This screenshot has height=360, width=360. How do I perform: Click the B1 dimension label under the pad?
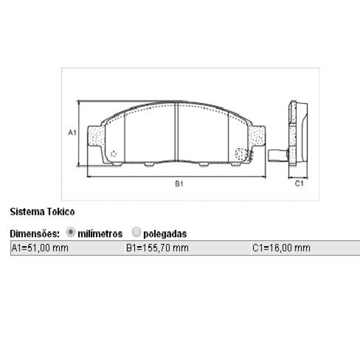[179, 184]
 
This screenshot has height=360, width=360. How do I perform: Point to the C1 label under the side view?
[299, 184]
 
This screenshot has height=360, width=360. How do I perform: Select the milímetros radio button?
[71, 233]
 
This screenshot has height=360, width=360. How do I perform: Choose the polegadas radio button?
[136, 233]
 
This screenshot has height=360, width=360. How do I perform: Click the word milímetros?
[100, 234]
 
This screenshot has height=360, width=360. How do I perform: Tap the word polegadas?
[165, 234]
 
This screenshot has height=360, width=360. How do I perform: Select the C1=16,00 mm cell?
[282, 248]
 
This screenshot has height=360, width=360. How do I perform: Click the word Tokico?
[60, 211]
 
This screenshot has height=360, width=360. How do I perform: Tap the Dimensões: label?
[35, 234]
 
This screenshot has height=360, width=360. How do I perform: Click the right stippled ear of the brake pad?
[257, 136]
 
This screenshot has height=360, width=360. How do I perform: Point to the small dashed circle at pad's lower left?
[113, 154]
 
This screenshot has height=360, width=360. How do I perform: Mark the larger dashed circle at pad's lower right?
[241, 155]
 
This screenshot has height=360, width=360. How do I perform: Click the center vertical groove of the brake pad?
[176, 133]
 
